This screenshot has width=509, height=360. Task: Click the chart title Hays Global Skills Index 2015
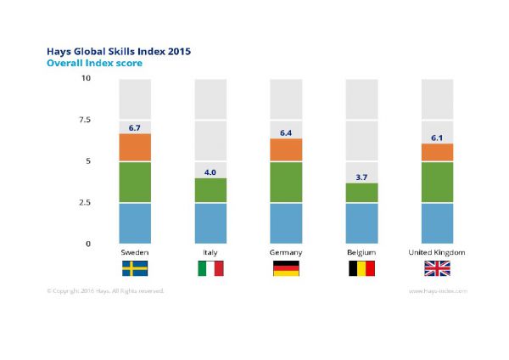click(119, 51)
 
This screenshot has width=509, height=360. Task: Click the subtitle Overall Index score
click(94, 63)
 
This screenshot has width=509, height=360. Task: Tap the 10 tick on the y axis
click(85, 79)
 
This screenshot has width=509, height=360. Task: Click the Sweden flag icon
click(135, 269)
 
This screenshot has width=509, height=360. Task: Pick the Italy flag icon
click(210, 269)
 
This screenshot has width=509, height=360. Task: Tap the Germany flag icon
click(285, 269)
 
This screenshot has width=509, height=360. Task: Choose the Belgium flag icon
click(361, 269)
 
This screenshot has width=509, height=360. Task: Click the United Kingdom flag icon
click(437, 269)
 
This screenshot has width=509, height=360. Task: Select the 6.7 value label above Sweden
click(135, 127)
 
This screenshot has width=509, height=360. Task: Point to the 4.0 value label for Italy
click(210, 172)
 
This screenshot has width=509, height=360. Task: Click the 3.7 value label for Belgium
click(361, 177)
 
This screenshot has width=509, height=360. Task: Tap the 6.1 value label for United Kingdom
click(437, 138)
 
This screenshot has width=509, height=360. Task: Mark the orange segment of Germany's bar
click(285, 150)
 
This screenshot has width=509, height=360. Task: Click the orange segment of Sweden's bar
click(135, 148)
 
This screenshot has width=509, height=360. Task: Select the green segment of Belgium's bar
click(361, 194)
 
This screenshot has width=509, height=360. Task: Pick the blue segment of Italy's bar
click(210, 223)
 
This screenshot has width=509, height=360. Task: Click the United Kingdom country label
click(437, 253)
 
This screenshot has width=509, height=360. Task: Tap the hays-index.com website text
click(438, 290)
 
